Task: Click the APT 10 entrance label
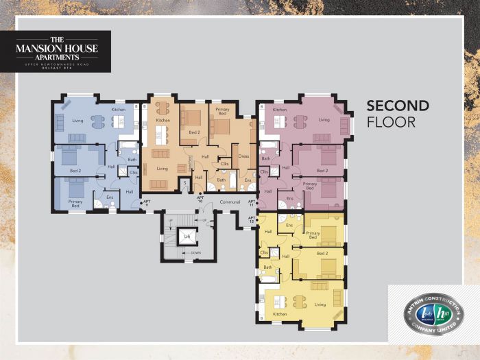coord(200,199)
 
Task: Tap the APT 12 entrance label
coord(252,219)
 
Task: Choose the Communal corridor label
coord(224,202)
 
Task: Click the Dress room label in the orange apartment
coord(243,156)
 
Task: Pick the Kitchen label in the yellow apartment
coord(279,314)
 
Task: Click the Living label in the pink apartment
coord(324,119)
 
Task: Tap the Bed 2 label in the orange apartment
coord(194,132)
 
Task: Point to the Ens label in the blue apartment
coord(110,197)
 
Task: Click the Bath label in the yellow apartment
coord(267,267)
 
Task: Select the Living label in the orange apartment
coord(162,169)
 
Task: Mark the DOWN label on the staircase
coord(195,252)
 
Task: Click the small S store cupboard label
coord(184,182)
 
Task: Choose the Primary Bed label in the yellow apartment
coord(313,235)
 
